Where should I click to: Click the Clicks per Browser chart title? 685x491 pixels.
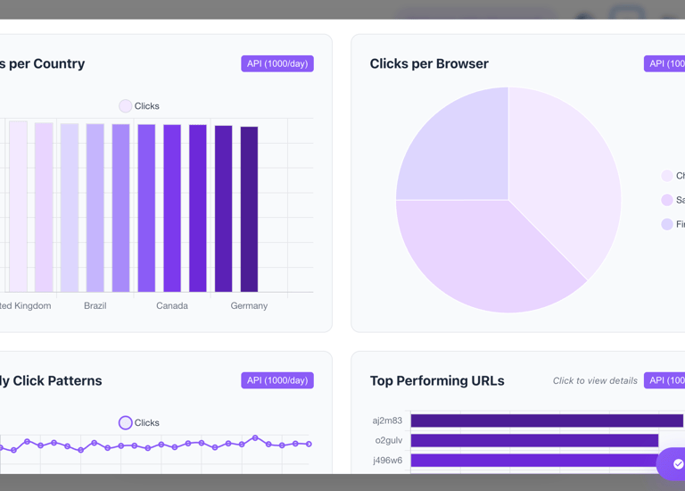(429, 64)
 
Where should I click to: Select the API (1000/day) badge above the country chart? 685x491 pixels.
(277, 64)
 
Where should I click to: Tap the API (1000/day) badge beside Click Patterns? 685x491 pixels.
(277, 380)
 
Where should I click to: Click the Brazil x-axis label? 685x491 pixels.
(95, 305)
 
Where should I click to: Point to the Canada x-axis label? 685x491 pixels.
(172, 305)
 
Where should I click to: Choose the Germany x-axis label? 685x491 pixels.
(249, 305)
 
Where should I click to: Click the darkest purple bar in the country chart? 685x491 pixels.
(249, 209)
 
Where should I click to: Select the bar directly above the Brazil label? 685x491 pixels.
(95, 208)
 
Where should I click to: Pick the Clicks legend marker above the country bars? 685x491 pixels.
(126, 106)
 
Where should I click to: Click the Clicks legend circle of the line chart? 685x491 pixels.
(126, 422)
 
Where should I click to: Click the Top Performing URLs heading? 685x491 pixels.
(437, 381)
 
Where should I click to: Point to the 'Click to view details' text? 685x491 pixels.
(595, 381)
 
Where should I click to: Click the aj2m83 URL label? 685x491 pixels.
(388, 420)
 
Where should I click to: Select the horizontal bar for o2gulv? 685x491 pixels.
(534, 441)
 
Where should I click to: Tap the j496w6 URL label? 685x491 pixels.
(388, 461)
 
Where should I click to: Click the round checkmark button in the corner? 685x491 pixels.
(677, 464)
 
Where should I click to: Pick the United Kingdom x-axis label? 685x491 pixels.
(25, 305)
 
